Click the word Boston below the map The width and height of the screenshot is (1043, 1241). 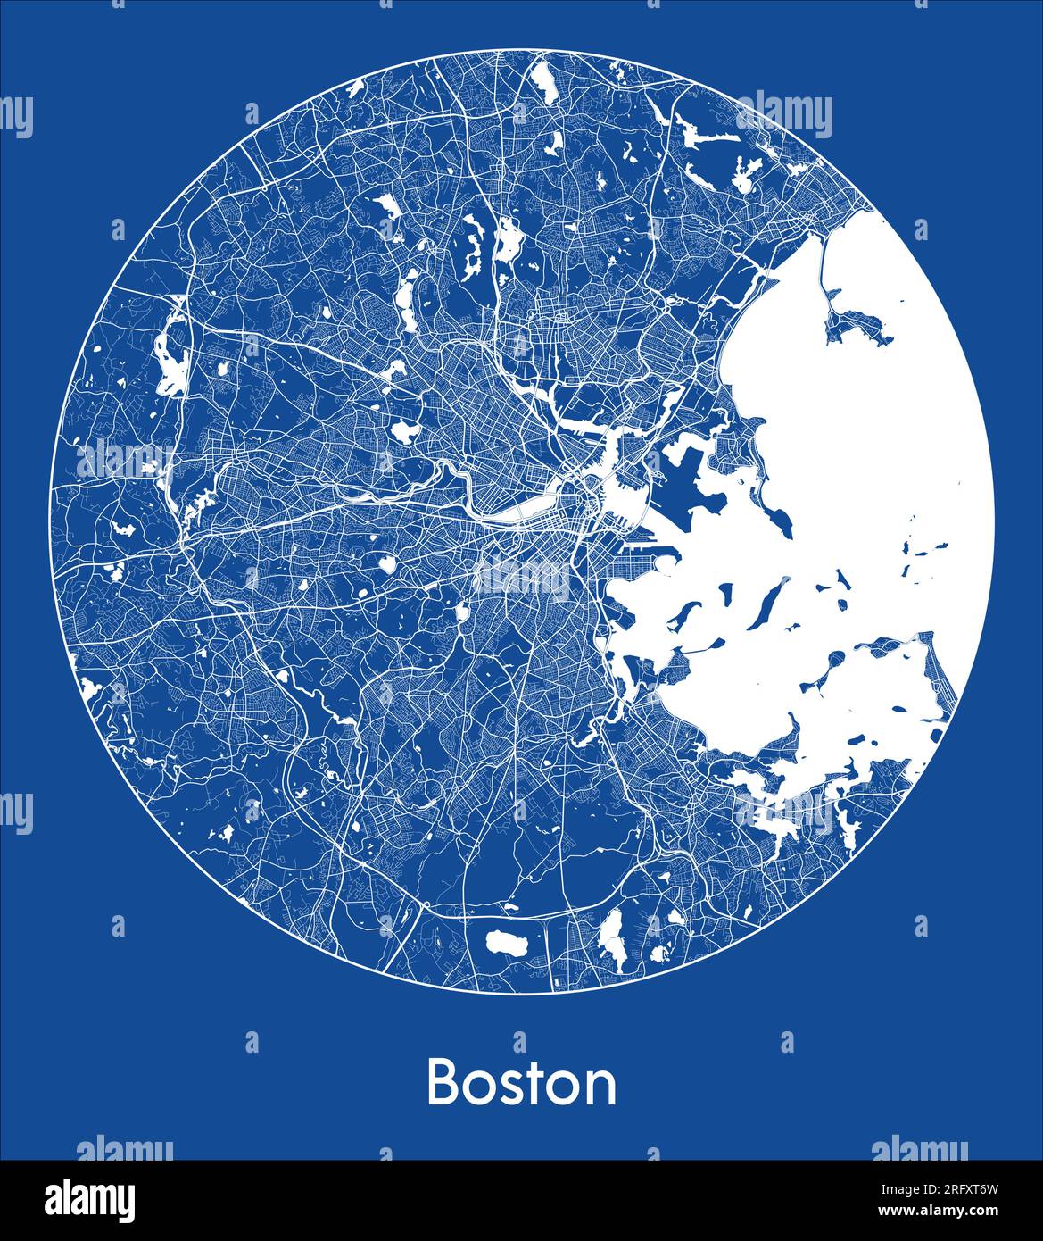pos(521,1083)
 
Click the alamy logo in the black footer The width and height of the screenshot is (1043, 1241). pos(90,1199)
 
